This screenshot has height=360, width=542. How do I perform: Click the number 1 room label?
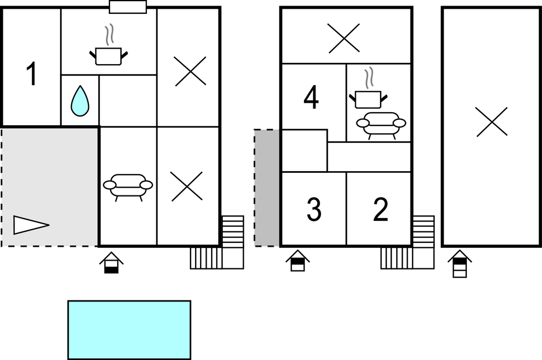[x=31, y=73]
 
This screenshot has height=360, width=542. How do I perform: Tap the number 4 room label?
[x=311, y=98]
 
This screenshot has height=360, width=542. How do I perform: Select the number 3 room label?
[x=314, y=209]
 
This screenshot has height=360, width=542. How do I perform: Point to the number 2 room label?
[x=381, y=209]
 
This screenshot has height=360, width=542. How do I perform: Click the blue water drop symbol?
[x=80, y=101]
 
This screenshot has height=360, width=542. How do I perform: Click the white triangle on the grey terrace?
[x=31, y=225]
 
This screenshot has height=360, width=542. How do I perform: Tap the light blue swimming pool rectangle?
[x=129, y=330]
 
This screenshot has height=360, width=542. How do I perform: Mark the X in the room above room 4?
[x=344, y=38]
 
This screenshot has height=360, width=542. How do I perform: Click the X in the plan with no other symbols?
[x=492, y=122]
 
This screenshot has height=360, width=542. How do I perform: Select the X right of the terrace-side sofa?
[x=187, y=187]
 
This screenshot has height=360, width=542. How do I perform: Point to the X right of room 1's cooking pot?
[x=191, y=72]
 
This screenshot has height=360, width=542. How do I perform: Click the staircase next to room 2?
[x=408, y=242]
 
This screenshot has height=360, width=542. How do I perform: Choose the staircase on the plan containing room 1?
[x=217, y=242]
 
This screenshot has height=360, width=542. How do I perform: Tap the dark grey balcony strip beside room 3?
[x=267, y=188]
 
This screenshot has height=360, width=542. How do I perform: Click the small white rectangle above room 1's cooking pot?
[x=128, y=7]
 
